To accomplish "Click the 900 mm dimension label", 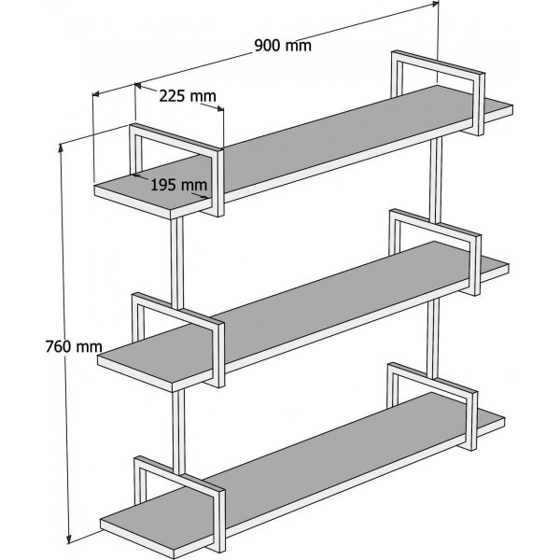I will click(x=284, y=45).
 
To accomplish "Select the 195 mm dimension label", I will click(x=179, y=184).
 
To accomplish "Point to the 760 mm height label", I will click(x=74, y=346).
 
